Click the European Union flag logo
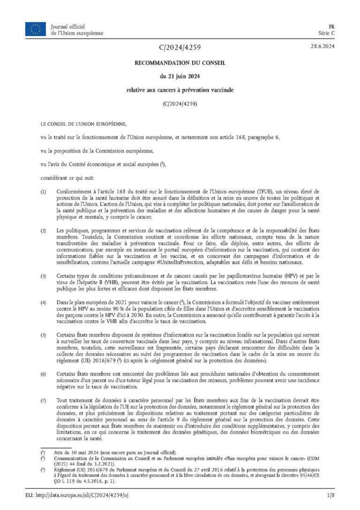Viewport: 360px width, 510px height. tap(36, 29)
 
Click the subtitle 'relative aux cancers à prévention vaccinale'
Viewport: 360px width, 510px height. tap(180, 89)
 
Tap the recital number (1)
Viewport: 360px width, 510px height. tap(44, 193)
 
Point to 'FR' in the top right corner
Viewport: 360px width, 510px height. tap(330, 26)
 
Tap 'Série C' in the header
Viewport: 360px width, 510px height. tap(326, 33)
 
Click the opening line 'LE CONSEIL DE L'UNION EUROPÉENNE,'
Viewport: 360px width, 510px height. tap(83, 124)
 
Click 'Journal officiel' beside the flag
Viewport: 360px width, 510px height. tap(71, 26)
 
